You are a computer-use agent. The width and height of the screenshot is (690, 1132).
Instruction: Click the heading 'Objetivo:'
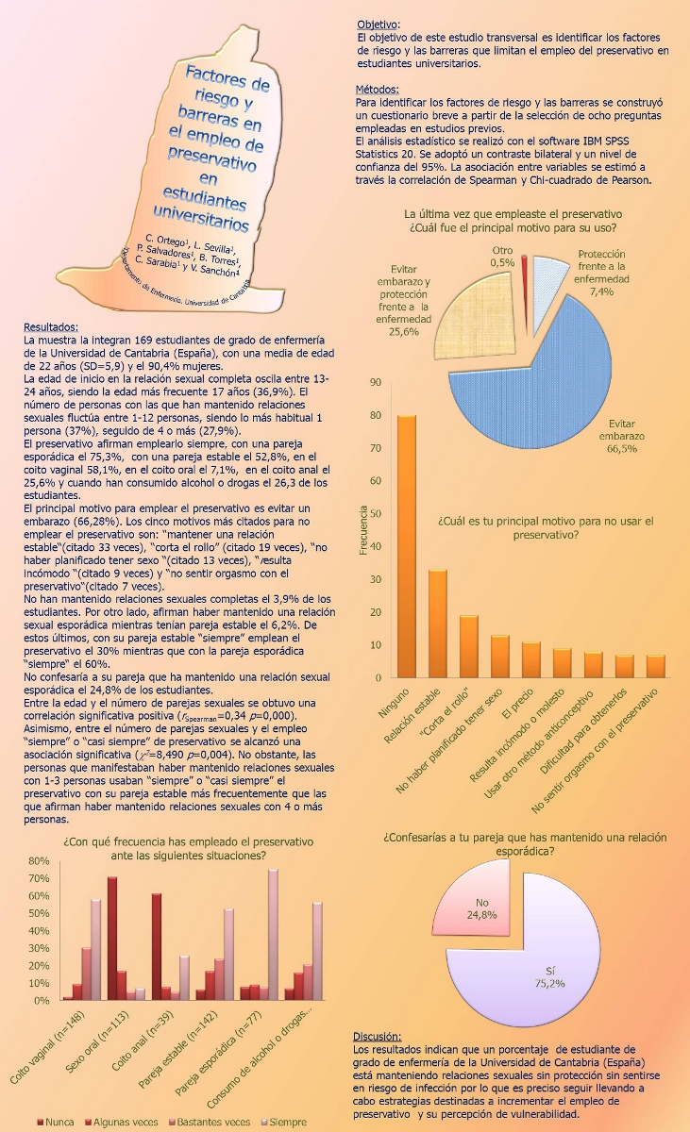(x=378, y=24)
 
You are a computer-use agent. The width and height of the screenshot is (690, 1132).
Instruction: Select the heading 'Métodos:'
(x=376, y=88)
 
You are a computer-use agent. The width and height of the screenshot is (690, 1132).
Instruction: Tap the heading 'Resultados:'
(x=51, y=327)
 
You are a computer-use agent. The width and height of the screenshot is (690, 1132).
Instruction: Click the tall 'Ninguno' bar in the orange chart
(x=406, y=547)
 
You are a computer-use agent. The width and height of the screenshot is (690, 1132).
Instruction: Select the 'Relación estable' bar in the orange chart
(x=438, y=623)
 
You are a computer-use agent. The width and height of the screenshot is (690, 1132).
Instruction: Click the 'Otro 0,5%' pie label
(x=502, y=257)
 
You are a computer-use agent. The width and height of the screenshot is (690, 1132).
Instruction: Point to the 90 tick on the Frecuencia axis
(x=375, y=382)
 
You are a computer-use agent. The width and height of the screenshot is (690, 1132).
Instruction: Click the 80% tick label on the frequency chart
(x=38, y=861)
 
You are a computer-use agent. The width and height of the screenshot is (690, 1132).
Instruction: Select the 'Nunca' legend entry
(x=57, y=1122)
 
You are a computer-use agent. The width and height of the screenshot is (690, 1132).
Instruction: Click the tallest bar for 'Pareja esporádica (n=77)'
(x=273, y=934)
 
